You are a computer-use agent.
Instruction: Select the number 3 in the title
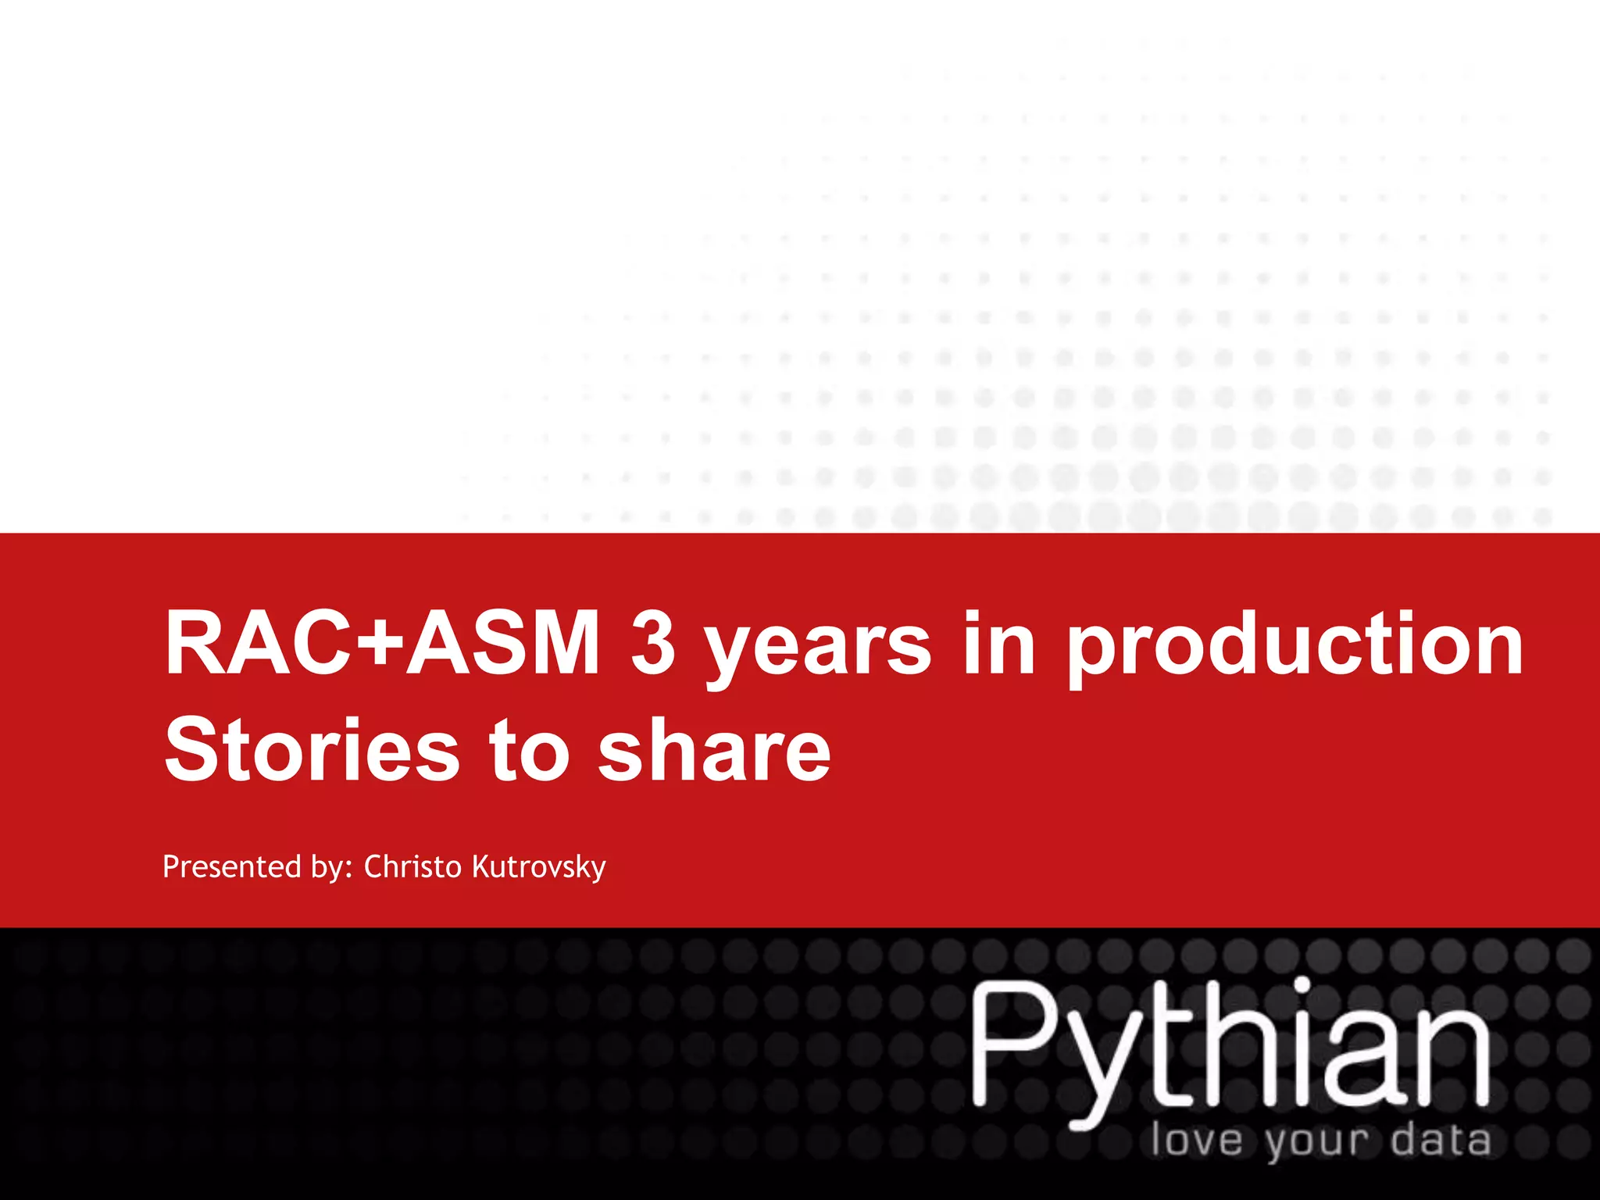coord(652,644)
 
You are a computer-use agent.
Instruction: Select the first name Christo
coord(412,866)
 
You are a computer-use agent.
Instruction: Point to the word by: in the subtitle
coord(332,868)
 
